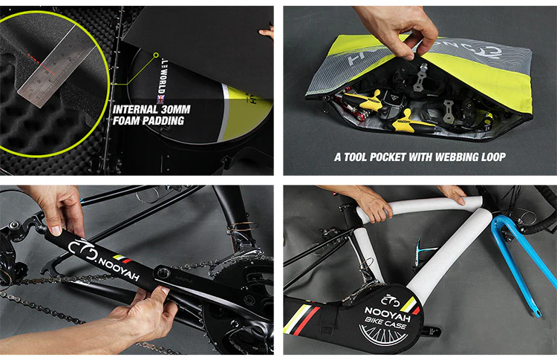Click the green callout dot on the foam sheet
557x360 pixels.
[156, 53]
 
